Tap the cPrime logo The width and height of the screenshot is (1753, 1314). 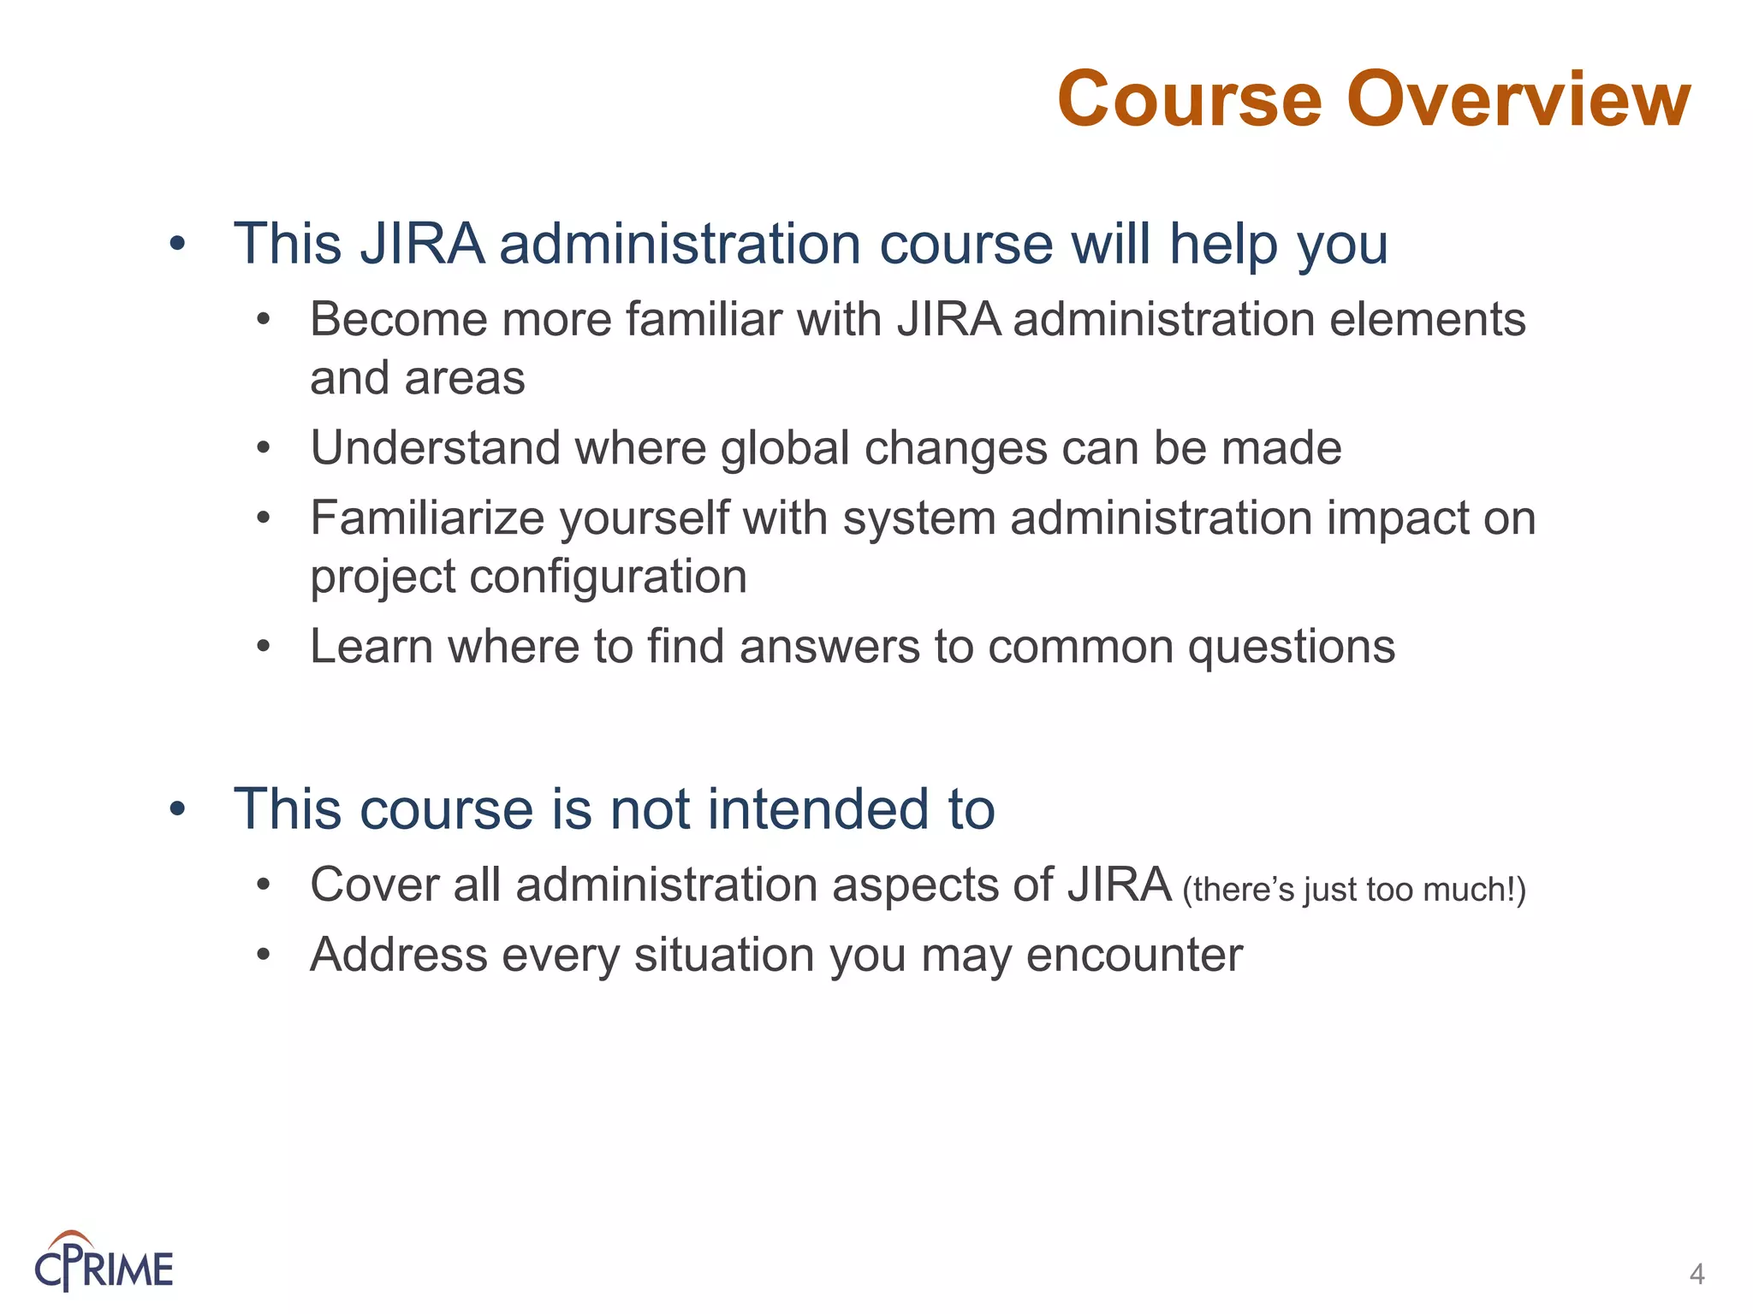coord(104,1261)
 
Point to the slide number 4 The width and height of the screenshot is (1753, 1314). coord(1697,1275)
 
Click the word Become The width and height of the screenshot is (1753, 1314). coord(398,320)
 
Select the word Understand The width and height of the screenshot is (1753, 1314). coord(435,448)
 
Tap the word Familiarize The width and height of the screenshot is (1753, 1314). coord(427,518)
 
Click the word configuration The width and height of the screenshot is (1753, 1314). coord(608,577)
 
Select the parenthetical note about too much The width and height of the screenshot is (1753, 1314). coord(1353,890)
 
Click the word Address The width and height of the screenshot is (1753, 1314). coord(398,955)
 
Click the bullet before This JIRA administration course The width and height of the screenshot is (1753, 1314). coord(177,246)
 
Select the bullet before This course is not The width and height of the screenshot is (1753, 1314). coord(177,809)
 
